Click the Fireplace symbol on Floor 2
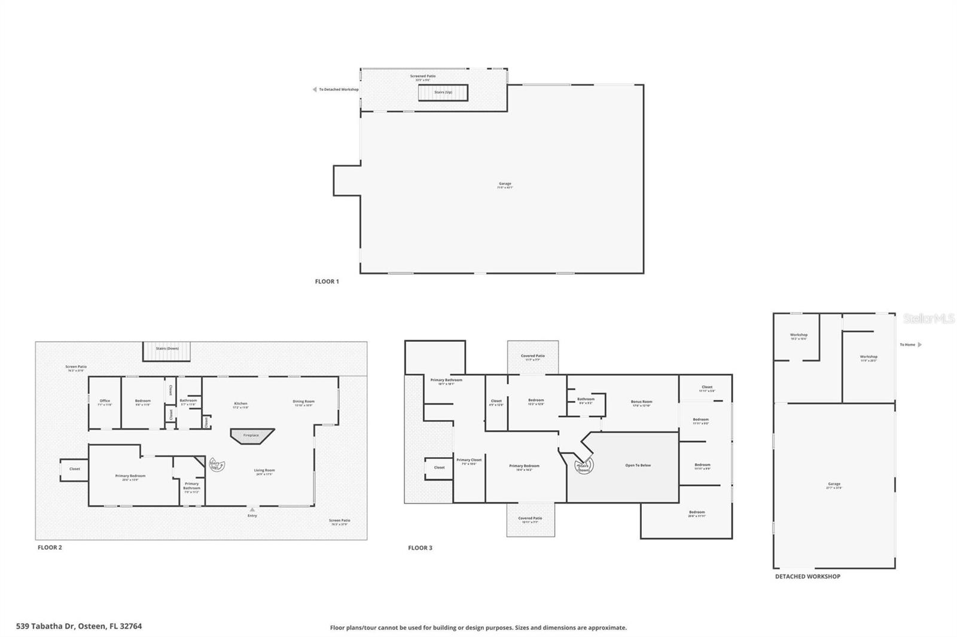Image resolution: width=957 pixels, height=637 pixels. click(x=252, y=436)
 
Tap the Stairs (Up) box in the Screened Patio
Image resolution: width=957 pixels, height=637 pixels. click(x=443, y=93)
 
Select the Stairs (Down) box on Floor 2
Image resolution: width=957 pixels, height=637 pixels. click(x=166, y=351)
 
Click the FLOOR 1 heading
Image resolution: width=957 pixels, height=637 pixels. click(x=327, y=281)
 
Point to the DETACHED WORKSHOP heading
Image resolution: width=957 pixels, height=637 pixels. click(x=807, y=577)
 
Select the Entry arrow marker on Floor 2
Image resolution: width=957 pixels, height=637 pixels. click(x=252, y=510)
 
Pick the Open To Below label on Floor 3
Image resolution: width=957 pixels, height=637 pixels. click(x=638, y=465)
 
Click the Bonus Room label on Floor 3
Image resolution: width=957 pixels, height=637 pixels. click(x=641, y=403)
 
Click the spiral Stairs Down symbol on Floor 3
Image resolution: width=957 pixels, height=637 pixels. click(x=583, y=467)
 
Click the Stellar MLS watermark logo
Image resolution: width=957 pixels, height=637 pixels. click(x=928, y=319)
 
